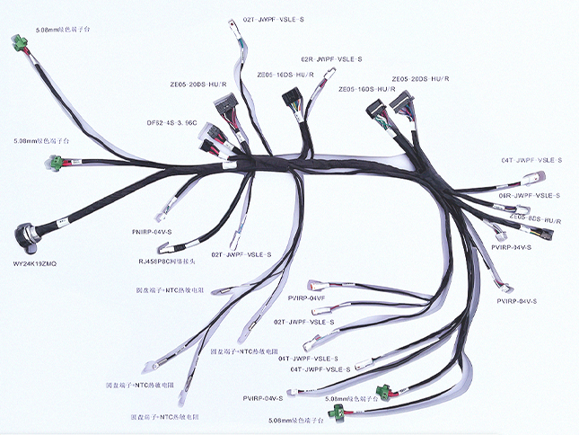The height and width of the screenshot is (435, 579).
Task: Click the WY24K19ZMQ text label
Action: pyautogui.click(x=35, y=263)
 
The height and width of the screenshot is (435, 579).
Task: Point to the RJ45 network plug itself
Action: pyautogui.click(x=234, y=240)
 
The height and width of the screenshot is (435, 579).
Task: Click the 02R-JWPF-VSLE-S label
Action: pyautogui.click(x=331, y=59)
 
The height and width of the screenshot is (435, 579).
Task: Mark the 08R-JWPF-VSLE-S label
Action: pyautogui.click(x=530, y=195)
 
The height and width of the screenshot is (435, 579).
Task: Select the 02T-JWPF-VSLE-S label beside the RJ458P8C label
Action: pyautogui.click(x=241, y=254)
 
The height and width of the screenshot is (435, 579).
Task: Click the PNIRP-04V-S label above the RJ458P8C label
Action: pyautogui.click(x=151, y=233)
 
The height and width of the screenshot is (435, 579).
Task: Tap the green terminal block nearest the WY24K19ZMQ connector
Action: pyautogui.click(x=56, y=162)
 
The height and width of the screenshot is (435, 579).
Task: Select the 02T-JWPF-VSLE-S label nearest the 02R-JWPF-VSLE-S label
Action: pyautogui.click(x=274, y=19)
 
